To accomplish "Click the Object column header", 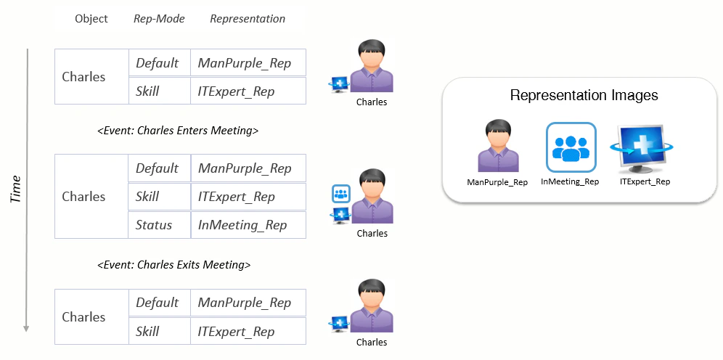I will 91,19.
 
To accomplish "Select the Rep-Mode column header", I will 159,19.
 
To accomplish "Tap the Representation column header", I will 248,19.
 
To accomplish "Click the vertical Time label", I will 15,189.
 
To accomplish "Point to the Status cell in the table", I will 154,225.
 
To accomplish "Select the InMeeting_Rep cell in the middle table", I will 242,225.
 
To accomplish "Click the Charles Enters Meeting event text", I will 178,131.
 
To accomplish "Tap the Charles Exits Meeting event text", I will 174,265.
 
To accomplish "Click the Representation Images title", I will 584,95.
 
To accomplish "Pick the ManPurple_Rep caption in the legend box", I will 497,182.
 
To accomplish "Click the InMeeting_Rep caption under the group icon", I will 570,181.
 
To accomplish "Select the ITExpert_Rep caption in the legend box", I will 645,181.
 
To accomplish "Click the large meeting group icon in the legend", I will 571,147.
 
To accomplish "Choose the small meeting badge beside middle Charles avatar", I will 341,194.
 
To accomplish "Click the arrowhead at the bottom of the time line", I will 27,328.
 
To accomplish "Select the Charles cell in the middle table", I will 83,197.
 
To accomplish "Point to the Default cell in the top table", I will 158,63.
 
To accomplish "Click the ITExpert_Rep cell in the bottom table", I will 237,332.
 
